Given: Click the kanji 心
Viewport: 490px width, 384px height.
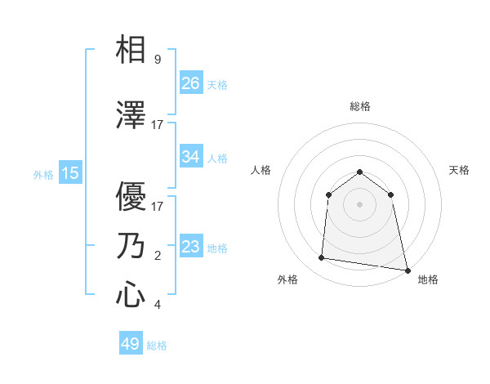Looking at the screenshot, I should tap(131, 294).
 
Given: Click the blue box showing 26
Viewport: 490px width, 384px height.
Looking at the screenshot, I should tap(191, 83).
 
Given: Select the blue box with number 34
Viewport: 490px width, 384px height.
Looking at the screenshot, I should tap(191, 157).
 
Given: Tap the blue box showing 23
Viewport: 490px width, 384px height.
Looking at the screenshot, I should tap(191, 247).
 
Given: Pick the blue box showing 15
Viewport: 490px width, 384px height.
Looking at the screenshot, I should tap(70, 172).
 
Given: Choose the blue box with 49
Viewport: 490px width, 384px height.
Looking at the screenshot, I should tap(131, 344).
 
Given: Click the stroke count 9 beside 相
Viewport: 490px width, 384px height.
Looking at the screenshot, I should tap(157, 60).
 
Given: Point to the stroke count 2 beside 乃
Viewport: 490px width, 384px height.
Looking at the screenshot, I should tap(157, 257).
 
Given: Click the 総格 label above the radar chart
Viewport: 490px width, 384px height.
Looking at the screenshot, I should tap(359, 106).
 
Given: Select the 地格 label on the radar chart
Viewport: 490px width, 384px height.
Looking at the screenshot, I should tap(428, 279).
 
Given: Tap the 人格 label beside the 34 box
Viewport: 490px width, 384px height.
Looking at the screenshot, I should tap(217, 159).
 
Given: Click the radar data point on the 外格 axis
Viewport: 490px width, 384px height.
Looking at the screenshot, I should tap(322, 258).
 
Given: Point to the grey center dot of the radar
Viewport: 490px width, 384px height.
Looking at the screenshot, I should tap(359, 204).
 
